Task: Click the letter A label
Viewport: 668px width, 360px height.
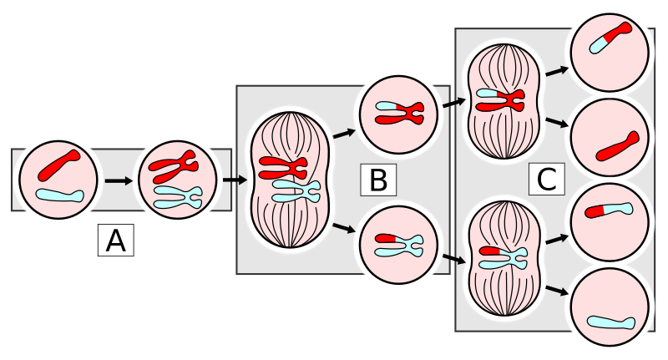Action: pos(115,241)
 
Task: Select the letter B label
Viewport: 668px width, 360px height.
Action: pos(377,180)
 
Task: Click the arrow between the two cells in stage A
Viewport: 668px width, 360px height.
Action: pos(119,180)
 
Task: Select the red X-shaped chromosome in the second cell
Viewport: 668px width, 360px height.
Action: pos(173,166)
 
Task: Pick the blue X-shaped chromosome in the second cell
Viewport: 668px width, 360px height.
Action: pos(178,197)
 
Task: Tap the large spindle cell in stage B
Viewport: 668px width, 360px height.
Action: pos(290,180)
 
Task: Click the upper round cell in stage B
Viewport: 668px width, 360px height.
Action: pos(397,112)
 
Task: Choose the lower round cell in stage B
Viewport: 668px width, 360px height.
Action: pos(398,245)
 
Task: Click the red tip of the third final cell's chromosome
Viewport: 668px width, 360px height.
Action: pos(594,211)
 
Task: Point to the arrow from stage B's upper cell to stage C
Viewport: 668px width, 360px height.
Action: pos(454,104)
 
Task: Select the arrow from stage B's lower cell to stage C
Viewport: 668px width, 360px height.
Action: pos(454,258)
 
